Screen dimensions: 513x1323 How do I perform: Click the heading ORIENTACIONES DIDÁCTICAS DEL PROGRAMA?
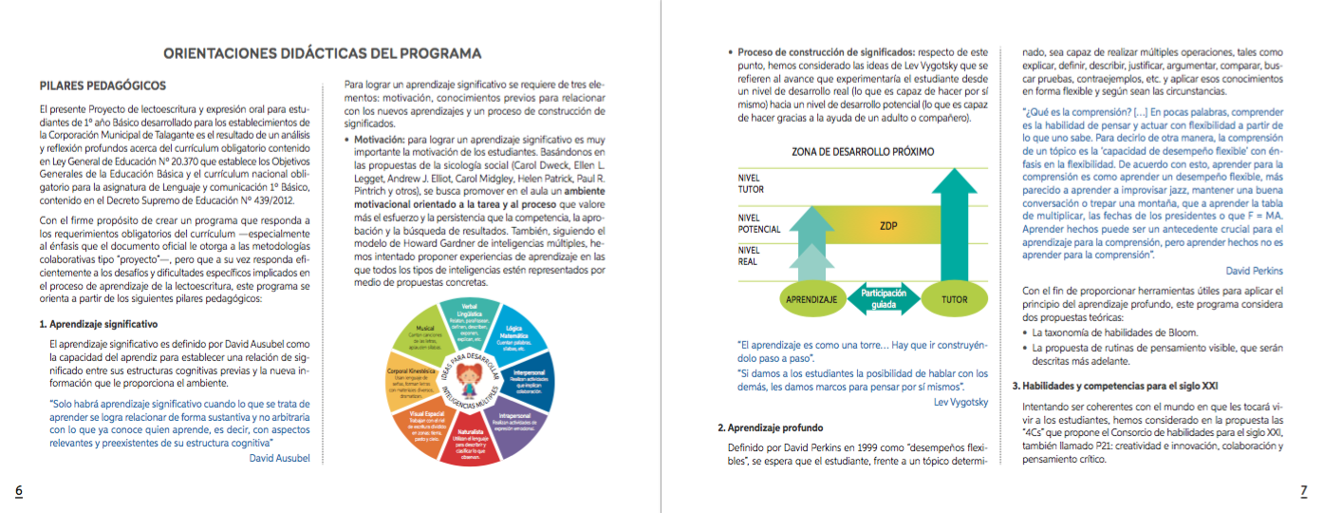[323, 53]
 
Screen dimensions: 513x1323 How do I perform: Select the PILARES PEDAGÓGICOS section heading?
[103, 85]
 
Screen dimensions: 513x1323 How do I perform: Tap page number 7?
[1303, 490]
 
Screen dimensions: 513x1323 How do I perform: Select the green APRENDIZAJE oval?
[810, 299]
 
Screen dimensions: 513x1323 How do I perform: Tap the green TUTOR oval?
[954, 299]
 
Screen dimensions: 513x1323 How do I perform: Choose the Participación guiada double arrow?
[882, 298]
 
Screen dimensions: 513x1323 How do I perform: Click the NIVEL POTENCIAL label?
[759, 223]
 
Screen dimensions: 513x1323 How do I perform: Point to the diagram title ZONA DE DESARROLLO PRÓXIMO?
[863, 151]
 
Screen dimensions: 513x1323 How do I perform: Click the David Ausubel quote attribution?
[287, 458]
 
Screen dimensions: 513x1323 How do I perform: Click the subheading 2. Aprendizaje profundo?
[770, 427]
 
